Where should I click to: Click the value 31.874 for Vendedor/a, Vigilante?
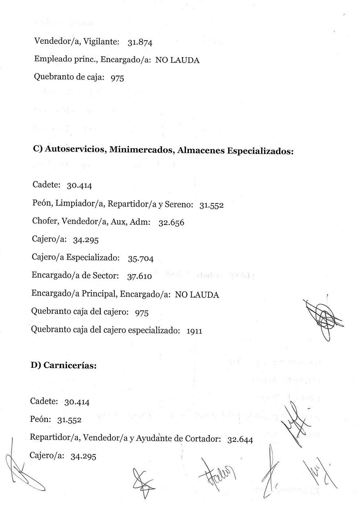click(x=140, y=43)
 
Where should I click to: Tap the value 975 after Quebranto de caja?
click(x=117, y=78)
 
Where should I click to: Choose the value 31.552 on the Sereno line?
click(x=211, y=205)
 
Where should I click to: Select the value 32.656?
click(x=171, y=223)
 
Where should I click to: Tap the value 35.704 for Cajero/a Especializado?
click(x=141, y=259)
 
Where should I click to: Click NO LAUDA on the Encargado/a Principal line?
click(x=197, y=295)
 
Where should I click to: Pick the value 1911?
click(x=194, y=331)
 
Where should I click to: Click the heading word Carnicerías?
click(x=70, y=365)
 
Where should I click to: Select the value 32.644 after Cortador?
click(x=240, y=440)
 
